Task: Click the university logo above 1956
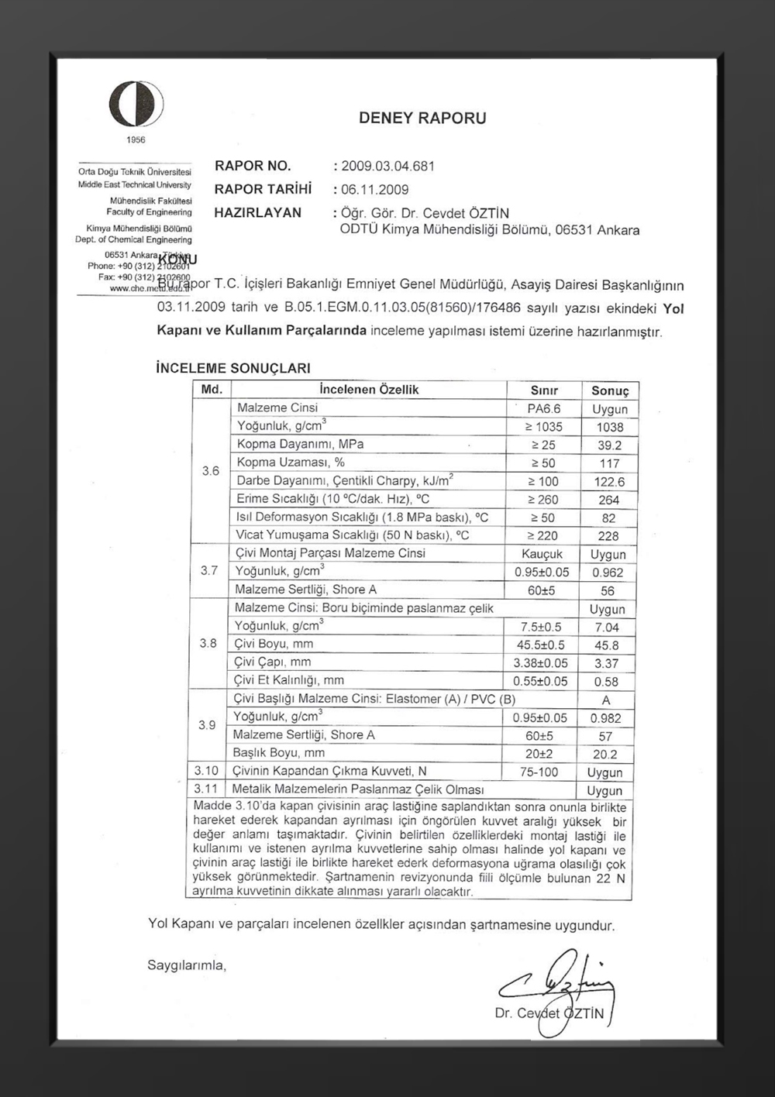click(136, 105)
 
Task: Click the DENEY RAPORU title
click(422, 119)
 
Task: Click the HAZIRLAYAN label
click(258, 213)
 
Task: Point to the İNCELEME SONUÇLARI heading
click(233, 369)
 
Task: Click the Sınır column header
click(544, 390)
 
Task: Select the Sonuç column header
click(609, 390)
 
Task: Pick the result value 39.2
click(609, 445)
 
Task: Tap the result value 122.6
click(609, 482)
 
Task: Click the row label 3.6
click(211, 471)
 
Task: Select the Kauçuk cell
click(542, 555)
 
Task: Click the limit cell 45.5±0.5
click(541, 645)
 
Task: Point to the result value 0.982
click(606, 718)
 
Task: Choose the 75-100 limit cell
click(539, 772)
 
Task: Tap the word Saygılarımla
click(187, 966)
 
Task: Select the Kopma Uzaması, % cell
click(291, 463)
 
